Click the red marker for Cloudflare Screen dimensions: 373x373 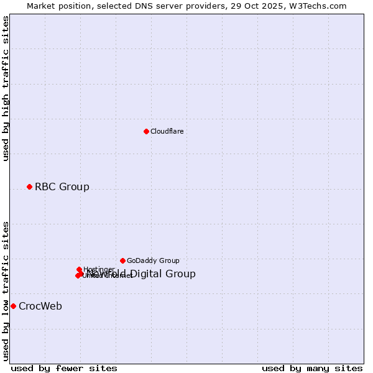(146, 131)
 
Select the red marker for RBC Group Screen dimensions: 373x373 (29, 186)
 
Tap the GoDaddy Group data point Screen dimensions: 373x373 (122, 260)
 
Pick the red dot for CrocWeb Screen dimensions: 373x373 (13, 306)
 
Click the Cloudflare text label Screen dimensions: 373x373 (167, 131)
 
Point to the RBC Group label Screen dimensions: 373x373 (62, 186)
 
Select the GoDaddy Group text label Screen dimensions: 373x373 (152, 260)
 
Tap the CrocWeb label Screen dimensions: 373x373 (40, 306)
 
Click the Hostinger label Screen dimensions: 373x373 (99, 269)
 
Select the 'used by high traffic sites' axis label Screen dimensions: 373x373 (6, 88)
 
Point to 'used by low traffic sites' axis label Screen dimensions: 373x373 (6, 290)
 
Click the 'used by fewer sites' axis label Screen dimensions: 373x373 (64, 368)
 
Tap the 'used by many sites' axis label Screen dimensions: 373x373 (312, 368)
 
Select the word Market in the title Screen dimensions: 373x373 (41, 6)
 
